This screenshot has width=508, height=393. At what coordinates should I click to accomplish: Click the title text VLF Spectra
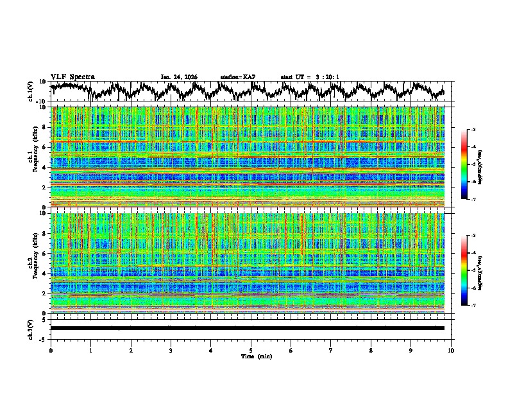click(x=72, y=77)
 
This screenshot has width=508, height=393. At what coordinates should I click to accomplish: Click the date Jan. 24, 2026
click(x=179, y=77)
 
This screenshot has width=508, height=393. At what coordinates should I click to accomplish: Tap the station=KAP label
click(x=237, y=77)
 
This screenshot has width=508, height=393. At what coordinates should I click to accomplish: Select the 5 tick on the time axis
click(x=251, y=350)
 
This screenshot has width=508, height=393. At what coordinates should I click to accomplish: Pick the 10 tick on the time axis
click(x=451, y=350)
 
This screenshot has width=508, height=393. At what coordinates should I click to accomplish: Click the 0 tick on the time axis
click(x=51, y=350)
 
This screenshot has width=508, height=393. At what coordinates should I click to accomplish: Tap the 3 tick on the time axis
click(x=171, y=350)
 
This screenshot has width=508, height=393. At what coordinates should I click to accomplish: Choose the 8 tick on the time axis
click(x=371, y=350)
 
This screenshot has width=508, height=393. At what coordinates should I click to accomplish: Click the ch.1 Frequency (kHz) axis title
click(x=34, y=157)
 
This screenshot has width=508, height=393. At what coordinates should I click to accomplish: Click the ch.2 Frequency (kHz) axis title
click(x=34, y=263)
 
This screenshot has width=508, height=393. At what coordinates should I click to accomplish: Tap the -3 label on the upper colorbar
click(x=473, y=130)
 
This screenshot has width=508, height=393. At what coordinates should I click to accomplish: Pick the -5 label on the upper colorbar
click(x=473, y=164)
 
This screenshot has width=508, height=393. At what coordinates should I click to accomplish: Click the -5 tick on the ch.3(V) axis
click(x=44, y=338)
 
